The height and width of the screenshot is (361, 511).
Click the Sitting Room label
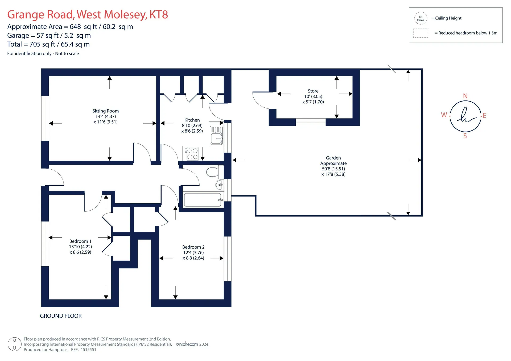[x=106, y=111]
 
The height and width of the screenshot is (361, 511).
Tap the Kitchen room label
[x=192, y=120]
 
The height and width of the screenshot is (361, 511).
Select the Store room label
[x=313, y=91]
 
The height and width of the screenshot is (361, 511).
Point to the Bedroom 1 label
[x=80, y=241]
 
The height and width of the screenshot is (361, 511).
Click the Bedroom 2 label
[x=193, y=247]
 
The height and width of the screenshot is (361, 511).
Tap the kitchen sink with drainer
[x=216, y=135]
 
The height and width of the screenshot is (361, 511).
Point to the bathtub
[x=203, y=200]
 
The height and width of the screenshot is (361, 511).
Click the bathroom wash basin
[x=220, y=185]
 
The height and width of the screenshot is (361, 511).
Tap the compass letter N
[x=465, y=96]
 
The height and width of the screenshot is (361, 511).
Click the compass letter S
[x=465, y=136]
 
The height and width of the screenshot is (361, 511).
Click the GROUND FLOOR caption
[x=61, y=316]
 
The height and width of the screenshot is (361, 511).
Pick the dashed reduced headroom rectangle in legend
[x=421, y=33]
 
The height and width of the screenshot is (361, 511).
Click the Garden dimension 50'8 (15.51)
[x=333, y=169]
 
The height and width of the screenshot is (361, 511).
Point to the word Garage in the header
[x=18, y=36]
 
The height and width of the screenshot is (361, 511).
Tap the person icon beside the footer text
[x=15, y=344]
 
